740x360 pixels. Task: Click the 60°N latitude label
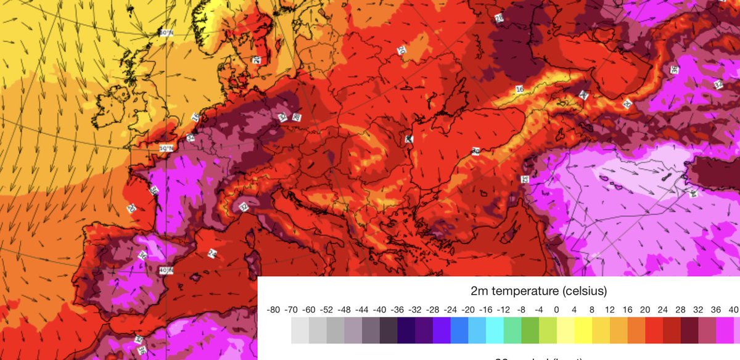pos(165,33)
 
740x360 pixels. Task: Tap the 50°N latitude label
pos(166,149)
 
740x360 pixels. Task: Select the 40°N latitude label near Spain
pos(165,270)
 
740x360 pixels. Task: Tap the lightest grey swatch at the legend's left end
pos(300,330)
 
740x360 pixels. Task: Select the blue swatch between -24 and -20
pos(459,330)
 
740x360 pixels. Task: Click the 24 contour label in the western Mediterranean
pos(213,253)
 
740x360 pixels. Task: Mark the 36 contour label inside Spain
pos(142,254)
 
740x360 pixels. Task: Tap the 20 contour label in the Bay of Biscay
pos(131,208)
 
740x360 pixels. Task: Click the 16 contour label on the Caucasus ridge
pos(519,89)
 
